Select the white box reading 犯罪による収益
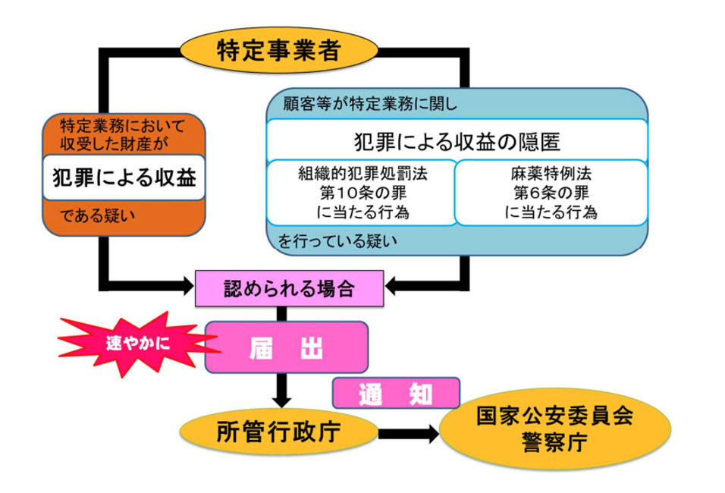pyautogui.click(x=124, y=177)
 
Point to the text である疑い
pyautogui.click(x=98, y=216)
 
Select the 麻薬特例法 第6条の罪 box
pyautogui.click(x=551, y=193)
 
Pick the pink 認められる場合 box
pyautogui.click(x=288, y=288)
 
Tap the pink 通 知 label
pyautogui.click(x=396, y=393)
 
